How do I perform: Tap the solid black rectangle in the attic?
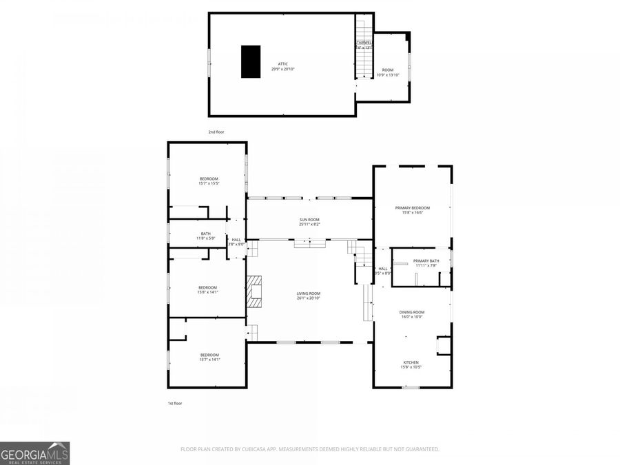pos(251,61)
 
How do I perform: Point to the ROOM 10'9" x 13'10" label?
pos(388,72)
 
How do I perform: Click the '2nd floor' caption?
pos(216,132)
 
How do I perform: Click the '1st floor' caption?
pos(175,403)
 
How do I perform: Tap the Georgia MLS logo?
pos(34,453)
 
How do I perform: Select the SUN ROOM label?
pos(309,222)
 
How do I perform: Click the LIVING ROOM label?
pos(309,296)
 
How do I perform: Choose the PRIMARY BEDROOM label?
pos(412,210)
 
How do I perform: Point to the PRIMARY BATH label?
pos(426,262)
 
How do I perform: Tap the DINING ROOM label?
pos(412,314)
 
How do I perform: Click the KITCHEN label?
pos(411,364)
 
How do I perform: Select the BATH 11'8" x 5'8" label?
pos(206,236)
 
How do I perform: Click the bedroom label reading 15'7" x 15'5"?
pos(208,181)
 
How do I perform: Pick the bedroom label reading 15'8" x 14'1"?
pos(207,289)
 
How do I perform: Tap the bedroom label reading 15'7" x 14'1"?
pos(209,357)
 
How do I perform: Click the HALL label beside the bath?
pos(236,242)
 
